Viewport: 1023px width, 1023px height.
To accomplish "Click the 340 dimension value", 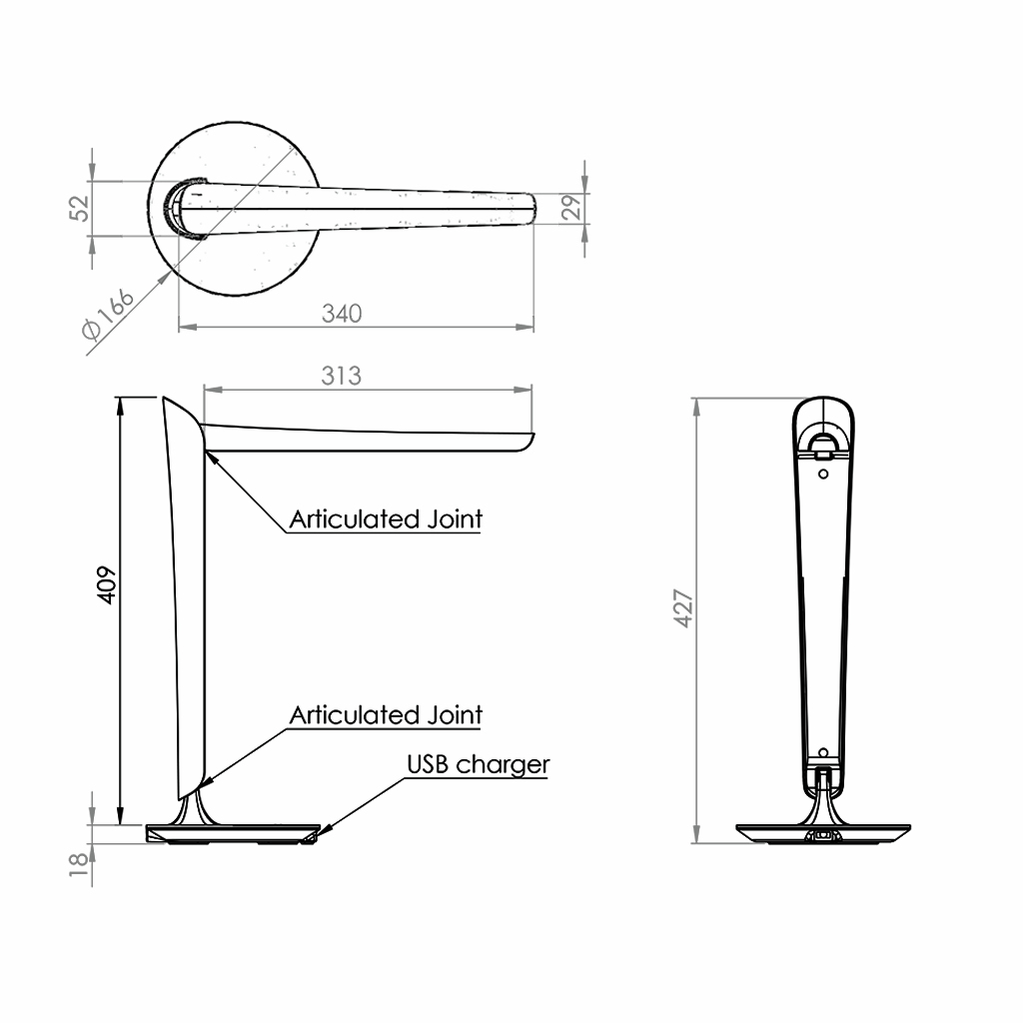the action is coord(342,314).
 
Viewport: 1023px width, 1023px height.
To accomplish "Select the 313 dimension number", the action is coord(342,376).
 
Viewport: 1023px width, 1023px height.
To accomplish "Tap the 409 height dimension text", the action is coord(106,585).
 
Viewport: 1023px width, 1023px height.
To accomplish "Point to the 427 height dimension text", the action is coord(683,608).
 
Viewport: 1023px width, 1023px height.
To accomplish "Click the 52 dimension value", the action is coord(80,208).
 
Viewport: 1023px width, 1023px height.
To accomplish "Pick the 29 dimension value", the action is coord(570,208).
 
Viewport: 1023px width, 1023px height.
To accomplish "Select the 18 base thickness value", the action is coord(78,864).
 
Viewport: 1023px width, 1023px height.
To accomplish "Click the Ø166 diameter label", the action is coord(108,314).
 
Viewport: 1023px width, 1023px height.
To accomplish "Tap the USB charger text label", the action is coord(479,764).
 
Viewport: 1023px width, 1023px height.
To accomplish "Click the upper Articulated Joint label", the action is coord(386,519).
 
